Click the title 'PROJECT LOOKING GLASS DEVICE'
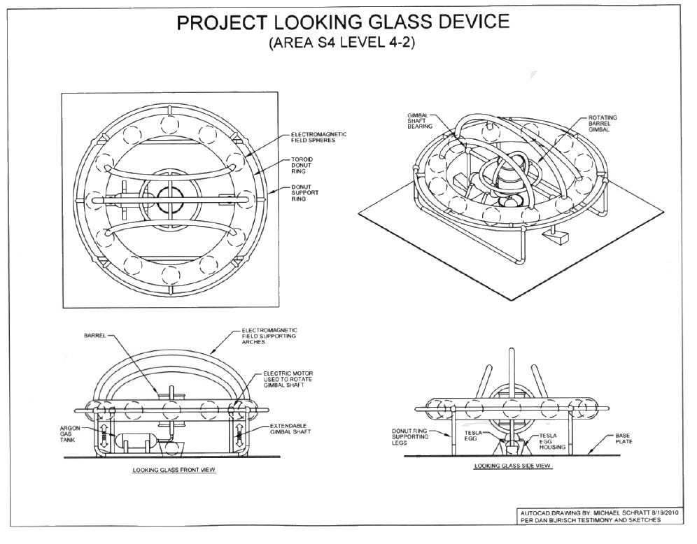(x=343, y=22)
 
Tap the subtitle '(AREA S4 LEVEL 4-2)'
(x=343, y=43)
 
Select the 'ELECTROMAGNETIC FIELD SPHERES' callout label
(x=318, y=137)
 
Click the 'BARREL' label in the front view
(x=94, y=336)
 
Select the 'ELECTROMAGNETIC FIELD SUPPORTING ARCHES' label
(x=269, y=335)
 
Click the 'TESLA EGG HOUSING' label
(x=548, y=441)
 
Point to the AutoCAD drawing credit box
(x=599, y=515)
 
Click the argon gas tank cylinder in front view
(x=135, y=442)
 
